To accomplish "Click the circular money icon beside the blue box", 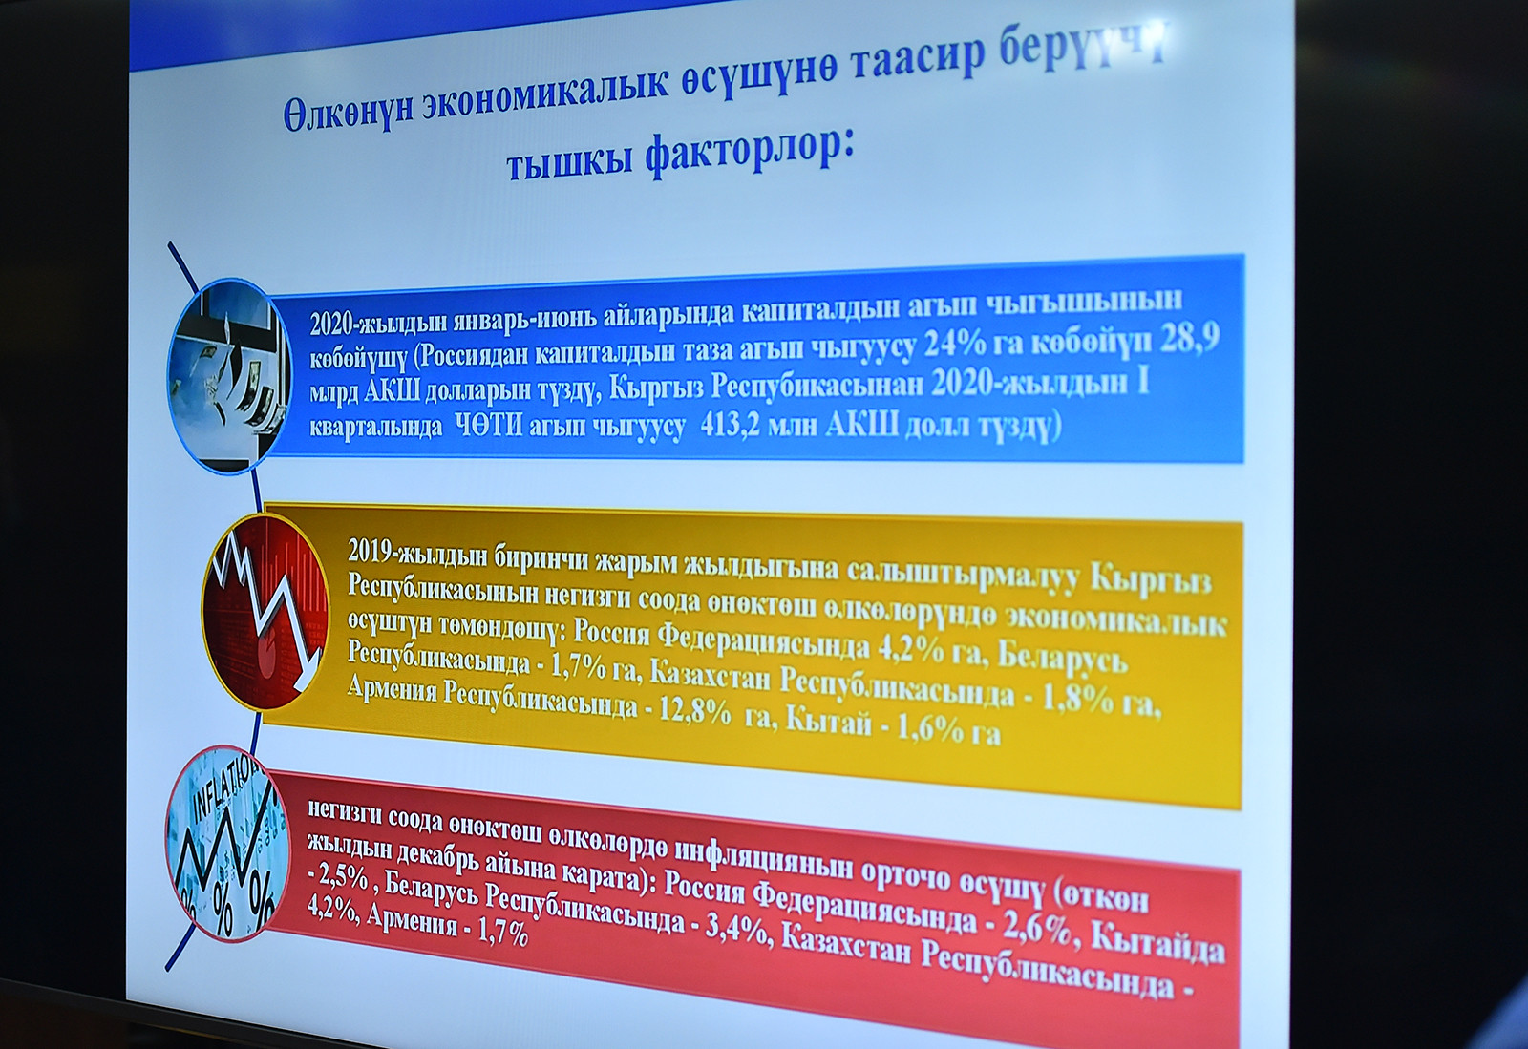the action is pyautogui.click(x=229, y=375).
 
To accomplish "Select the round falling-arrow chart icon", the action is pyautogui.click(x=265, y=612).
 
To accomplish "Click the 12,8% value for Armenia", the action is pyautogui.click(x=693, y=714).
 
